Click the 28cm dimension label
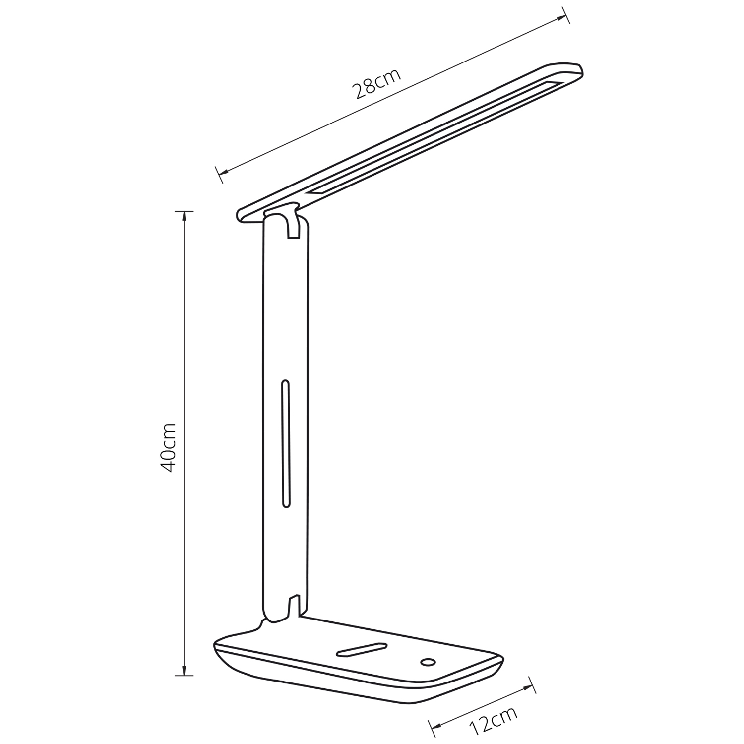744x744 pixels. tap(376, 84)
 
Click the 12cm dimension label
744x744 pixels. tap(493, 716)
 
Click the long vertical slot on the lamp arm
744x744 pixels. tap(285, 444)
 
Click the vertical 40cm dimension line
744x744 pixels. tap(185, 347)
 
